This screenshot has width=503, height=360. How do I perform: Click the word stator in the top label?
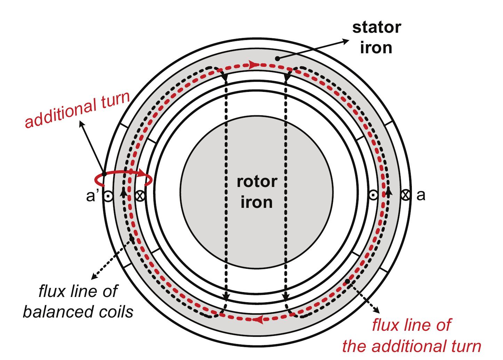coord(376,28)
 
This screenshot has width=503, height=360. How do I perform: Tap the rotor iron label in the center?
coord(257,192)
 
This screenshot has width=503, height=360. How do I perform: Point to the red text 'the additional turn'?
coord(411,346)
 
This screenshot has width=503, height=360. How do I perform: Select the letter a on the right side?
coord(421,195)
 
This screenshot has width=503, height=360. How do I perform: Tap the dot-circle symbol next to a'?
coord(108,196)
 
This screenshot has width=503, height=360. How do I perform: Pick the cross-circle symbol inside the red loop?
coord(140,196)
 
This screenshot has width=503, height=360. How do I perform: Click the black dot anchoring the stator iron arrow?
coord(277,59)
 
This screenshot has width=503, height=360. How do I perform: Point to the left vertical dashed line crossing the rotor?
coord(226,188)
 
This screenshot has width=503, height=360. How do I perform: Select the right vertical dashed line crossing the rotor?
coord(286,188)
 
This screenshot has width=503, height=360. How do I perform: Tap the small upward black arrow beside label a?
coord(389,191)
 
